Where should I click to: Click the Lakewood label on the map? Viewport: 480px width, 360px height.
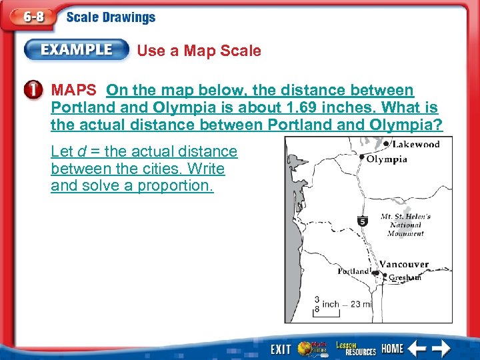click(x=416, y=145)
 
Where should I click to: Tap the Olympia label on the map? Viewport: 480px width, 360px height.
click(x=387, y=159)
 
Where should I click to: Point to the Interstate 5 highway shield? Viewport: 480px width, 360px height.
click(x=363, y=221)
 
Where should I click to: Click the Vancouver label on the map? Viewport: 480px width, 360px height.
click(x=404, y=265)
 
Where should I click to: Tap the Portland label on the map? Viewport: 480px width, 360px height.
click(x=353, y=271)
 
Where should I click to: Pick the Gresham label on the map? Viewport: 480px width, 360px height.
click(x=405, y=277)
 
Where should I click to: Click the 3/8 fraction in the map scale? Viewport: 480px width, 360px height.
click(x=317, y=304)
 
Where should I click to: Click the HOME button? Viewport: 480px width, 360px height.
click(x=393, y=348)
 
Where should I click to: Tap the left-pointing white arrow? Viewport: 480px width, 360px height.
click(x=417, y=348)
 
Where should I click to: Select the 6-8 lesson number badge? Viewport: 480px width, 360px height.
click(x=30, y=18)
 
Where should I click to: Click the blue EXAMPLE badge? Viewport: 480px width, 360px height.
click(x=77, y=50)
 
